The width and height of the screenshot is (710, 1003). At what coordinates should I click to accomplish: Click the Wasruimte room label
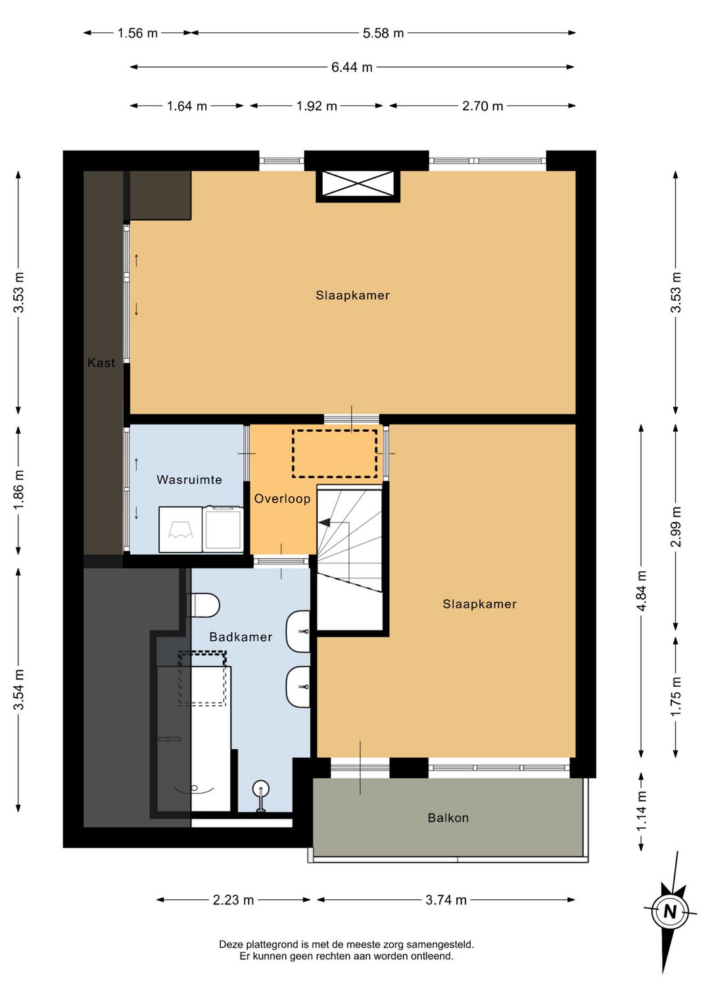pos(189,480)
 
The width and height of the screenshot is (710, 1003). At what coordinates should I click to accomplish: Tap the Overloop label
pos(282,499)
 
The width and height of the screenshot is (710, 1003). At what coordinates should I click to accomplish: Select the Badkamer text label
pos(241,637)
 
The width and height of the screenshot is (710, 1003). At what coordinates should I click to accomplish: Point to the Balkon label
pos(448,818)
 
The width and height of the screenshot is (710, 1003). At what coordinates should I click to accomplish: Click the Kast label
pos(101,363)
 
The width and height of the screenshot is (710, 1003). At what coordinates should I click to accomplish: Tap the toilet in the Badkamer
pos(203,605)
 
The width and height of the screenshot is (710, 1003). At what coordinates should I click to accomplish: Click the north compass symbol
pos(670,912)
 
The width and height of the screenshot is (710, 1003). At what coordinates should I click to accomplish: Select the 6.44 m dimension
pos(352,67)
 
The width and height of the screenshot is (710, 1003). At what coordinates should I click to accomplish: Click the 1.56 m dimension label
pos(137,33)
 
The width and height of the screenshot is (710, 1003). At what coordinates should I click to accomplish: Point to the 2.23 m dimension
pos(233,900)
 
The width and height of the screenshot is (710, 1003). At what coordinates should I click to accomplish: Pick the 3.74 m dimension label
pos(446,900)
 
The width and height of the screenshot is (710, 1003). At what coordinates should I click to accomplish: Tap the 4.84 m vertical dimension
pos(642,591)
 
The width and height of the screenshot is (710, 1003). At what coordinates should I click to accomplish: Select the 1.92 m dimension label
pos(316,106)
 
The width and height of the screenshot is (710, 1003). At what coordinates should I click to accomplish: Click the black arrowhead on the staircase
pos(324,522)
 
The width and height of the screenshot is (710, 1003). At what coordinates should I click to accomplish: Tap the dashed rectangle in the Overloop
pos(335,454)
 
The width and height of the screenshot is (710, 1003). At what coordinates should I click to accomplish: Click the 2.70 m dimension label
pos(483,106)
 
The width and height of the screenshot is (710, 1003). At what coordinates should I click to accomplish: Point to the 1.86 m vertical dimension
pos(18,490)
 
